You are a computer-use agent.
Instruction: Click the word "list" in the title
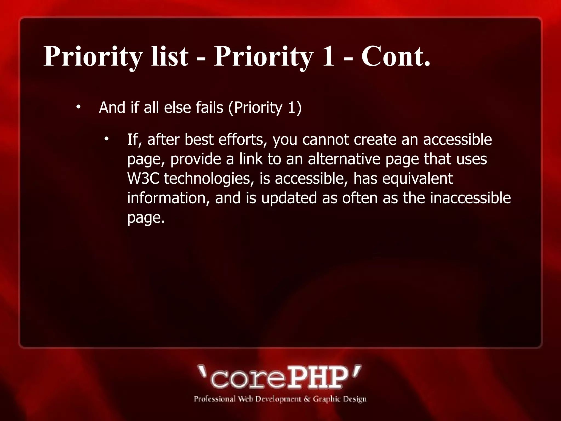tap(170, 56)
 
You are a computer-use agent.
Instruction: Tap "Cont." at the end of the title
tap(396, 56)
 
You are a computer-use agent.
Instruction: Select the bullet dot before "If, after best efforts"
tap(106, 140)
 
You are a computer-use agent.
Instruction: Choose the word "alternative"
tap(344, 159)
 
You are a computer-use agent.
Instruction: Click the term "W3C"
tap(143, 178)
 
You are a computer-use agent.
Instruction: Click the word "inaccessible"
tap(470, 198)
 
